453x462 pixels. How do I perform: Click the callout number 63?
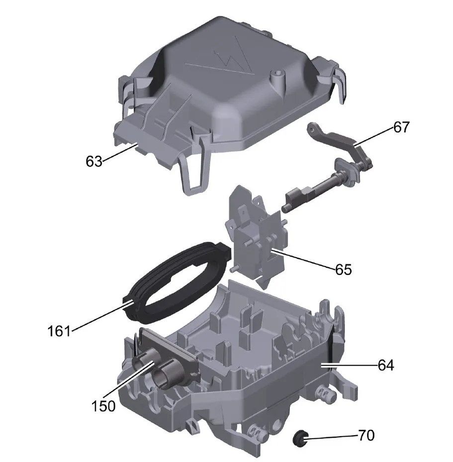(x=94, y=162)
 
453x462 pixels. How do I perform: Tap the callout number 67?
(x=401, y=127)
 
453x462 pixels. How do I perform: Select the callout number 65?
(x=344, y=270)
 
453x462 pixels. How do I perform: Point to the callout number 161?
(x=59, y=331)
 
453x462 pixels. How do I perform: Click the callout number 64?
(x=386, y=366)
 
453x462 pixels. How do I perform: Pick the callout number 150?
(x=103, y=406)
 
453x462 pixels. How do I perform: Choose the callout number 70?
(x=366, y=435)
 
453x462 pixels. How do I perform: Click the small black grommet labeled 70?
(x=300, y=438)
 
